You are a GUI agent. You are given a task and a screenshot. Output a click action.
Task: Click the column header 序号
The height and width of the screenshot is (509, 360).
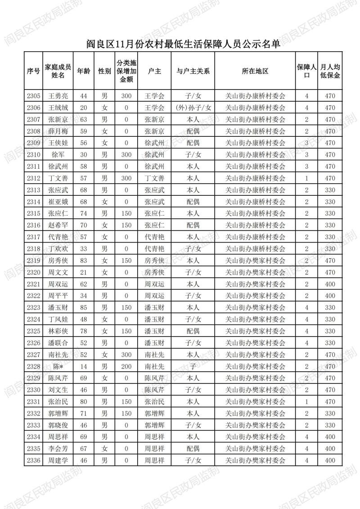33,71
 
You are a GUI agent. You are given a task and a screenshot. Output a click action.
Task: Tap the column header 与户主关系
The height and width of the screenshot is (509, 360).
193,71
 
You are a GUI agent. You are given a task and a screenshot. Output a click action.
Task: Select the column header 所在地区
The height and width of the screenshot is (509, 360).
255,71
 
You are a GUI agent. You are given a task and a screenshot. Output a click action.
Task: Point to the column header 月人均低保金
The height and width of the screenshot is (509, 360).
330,71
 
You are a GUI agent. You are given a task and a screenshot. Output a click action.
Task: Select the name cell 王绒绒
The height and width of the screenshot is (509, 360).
58,108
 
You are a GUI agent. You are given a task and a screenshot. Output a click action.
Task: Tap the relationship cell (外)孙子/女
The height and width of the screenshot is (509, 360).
193,108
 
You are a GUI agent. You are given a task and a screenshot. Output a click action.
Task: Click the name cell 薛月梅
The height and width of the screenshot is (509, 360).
58,131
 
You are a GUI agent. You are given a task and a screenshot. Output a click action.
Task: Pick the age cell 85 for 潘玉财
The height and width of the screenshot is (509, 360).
83,307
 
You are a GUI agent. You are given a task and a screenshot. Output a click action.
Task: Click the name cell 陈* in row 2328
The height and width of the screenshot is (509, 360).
58,366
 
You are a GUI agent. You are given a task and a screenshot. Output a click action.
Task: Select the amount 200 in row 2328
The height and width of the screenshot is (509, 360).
126,366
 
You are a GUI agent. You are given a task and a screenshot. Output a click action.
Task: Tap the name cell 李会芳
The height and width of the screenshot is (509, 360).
58,448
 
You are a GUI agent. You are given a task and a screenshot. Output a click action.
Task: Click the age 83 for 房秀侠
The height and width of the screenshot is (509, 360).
83,261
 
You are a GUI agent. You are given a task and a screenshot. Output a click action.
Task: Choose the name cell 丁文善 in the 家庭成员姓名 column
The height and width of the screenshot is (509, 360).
58,178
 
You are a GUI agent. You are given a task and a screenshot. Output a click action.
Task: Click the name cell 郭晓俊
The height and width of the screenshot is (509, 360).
58,425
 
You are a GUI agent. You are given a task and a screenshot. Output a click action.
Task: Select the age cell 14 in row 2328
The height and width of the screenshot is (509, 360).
83,366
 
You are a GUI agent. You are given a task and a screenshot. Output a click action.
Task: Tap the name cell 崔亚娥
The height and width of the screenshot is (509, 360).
58,202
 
